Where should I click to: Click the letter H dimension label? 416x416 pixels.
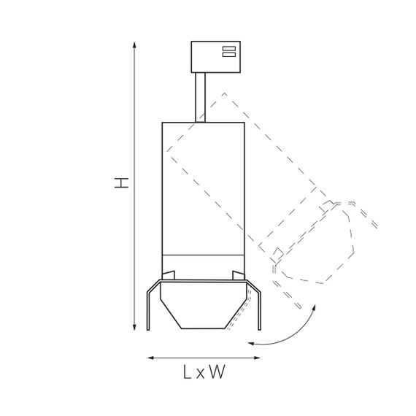121,182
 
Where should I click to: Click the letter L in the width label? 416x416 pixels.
188,371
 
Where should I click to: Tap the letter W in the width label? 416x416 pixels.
217,371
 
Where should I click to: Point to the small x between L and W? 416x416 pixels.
201,374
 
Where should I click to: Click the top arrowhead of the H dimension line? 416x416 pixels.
134,45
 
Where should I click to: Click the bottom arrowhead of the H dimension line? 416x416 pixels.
134,328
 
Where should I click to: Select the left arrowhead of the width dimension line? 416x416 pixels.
150,358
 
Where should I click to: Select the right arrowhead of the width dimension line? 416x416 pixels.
257,358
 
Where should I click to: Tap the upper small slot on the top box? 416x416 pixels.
229,48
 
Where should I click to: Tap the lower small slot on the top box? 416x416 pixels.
229,55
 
